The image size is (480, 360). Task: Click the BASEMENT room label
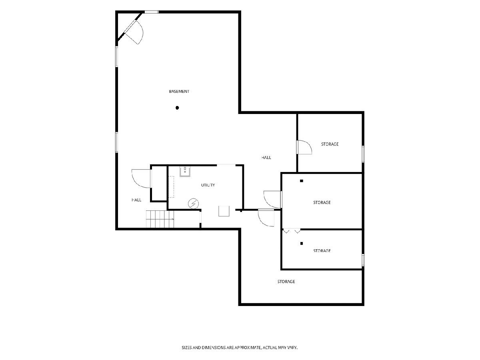179,91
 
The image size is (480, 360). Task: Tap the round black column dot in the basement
177,108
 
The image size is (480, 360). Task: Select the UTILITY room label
208,185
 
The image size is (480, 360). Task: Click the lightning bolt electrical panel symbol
193,204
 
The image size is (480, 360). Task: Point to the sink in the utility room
185,171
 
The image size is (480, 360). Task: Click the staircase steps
160,219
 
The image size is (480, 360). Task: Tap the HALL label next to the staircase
136,200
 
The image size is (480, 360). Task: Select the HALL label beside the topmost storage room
266,157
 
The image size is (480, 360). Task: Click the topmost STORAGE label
330,144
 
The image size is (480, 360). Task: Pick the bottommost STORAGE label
286,282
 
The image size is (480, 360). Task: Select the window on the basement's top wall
151,12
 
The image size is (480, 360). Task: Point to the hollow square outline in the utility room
224,211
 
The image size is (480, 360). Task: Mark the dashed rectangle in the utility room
171,187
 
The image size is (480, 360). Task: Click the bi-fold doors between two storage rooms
292,231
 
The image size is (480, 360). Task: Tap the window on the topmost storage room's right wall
363,154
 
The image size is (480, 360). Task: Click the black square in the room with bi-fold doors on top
302,243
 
